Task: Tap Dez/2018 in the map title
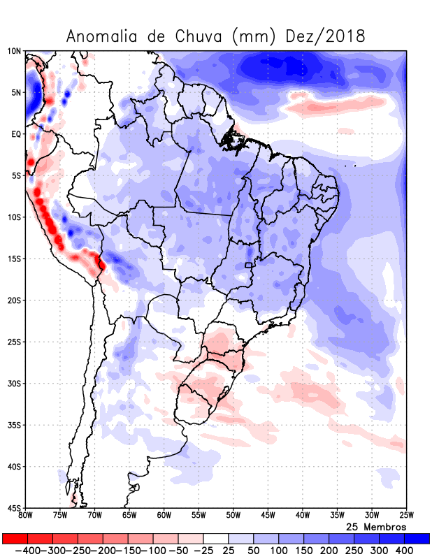tap(326, 36)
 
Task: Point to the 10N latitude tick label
tap(14, 51)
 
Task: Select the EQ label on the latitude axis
tap(16, 133)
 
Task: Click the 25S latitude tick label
tap(14, 342)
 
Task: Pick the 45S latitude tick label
tap(14, 508)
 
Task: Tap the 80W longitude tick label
tap(26, 516)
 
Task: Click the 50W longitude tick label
tap(233, 516)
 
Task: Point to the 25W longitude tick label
tap(406, 516)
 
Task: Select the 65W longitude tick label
tap(129, 516)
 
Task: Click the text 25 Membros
tap(376, 526)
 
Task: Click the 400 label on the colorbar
tap(405, 551)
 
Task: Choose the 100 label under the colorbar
tap(279, 551)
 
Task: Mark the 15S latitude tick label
tap(14, 259)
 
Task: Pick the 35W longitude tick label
tap(337, 516)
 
